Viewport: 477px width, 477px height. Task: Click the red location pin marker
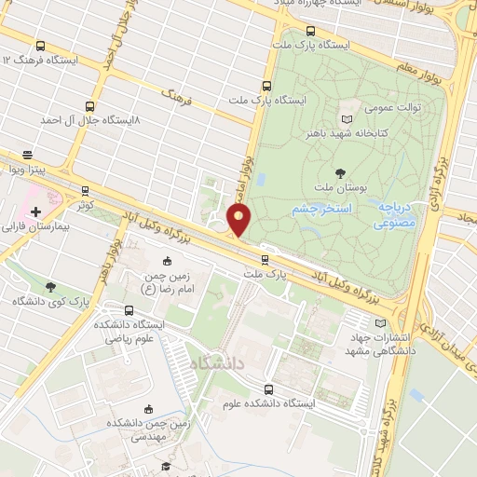click(x=239, y=221)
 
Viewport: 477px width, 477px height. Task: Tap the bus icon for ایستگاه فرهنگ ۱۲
click(x=39, y=45)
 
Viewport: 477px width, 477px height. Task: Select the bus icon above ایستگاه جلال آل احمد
click(x=89, y=105)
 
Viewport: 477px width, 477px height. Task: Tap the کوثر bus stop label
click(x=85, y=203)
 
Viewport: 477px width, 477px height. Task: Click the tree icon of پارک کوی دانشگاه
click(x=49, y=287)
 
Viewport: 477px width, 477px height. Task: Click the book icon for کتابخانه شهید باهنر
click(x=348, y=119)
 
